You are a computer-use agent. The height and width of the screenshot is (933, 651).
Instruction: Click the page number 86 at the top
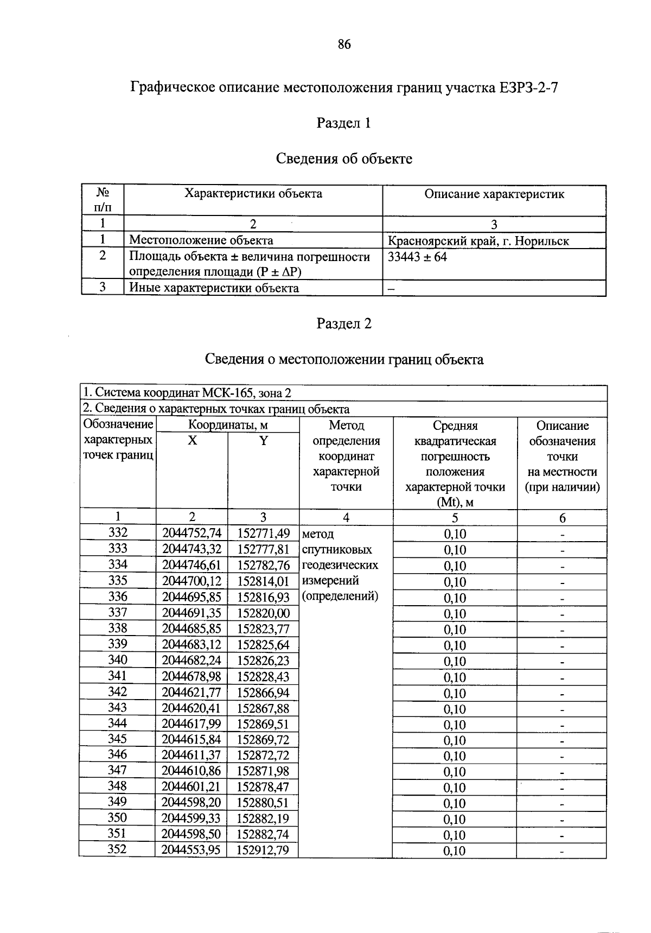pos(344,45)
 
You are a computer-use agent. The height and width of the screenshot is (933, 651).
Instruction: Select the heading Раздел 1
pos(343,123)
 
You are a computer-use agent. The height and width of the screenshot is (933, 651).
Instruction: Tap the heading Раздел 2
pos(343,323)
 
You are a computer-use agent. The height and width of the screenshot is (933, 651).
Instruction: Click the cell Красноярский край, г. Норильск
pos(478,241)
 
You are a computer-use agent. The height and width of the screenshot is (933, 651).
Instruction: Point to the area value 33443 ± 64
pos(417,257)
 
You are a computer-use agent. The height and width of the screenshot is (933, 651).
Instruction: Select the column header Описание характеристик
pos(494,194)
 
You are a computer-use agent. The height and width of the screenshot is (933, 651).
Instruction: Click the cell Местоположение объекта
pos(201,240)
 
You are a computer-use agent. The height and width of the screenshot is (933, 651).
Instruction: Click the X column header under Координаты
pos(192,441)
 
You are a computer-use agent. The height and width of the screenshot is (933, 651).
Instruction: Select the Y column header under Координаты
pos(263,441)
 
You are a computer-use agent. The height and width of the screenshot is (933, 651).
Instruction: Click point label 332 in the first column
pos(118,532)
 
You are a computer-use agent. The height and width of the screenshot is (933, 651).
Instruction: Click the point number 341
pos(118,676)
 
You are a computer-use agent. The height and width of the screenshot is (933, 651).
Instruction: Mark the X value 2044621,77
pos(192,693)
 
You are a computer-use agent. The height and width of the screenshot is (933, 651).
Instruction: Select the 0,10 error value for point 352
pos(455,851)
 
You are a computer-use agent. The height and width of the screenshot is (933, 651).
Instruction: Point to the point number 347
pos(118,770)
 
